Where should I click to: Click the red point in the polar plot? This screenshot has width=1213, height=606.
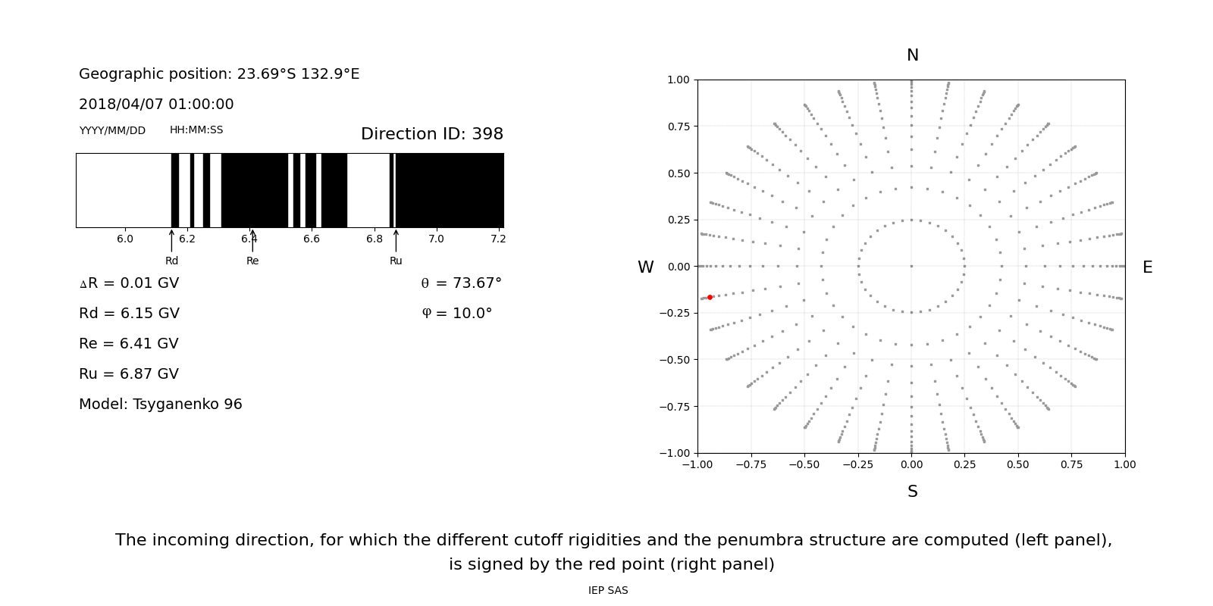(710, 298)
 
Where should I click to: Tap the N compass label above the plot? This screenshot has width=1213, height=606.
(912, 55)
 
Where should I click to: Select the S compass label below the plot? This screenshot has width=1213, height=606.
(912, 492)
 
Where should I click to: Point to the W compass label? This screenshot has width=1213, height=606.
(645, 267)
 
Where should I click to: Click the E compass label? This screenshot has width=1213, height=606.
(1147, 267)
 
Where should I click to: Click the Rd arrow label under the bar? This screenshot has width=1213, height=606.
(171, 261)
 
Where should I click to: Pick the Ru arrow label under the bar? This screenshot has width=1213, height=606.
(396, 261)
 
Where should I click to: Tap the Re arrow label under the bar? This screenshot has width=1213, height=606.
(252, 261)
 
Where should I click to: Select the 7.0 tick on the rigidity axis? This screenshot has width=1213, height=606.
(436, 239)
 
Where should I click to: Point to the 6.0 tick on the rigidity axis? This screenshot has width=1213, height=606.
(124, 239)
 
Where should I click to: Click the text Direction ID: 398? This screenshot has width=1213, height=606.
(431, 134)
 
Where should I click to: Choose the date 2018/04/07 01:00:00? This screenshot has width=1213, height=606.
(156, 104)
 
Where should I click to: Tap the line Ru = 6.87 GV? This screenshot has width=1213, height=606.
(129, 373)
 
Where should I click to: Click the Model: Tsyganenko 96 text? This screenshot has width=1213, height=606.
(160, 404)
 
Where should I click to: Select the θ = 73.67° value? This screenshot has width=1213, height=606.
(461, 283)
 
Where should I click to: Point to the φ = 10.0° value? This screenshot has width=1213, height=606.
(456, 313)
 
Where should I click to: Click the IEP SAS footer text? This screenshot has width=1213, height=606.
(607, 590)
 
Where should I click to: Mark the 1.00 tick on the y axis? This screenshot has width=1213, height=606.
(678, 80)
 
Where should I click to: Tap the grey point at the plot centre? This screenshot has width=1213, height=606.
(911, 266)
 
